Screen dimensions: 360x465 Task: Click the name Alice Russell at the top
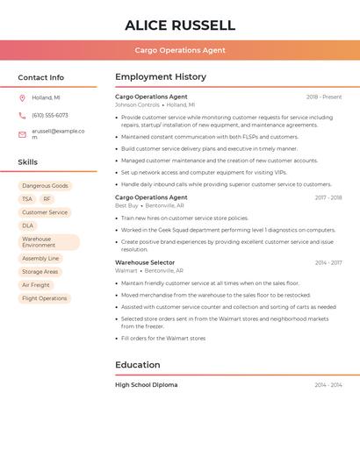(180, 25)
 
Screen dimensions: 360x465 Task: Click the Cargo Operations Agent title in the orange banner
(180, 50)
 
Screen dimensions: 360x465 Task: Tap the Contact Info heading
(41, 77)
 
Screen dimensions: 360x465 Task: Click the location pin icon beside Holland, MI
(22, 97)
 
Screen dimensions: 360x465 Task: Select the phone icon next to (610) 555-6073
(22, 115)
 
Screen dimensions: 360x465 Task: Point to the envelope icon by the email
(22, 133)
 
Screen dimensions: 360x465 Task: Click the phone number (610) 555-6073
(50, 115)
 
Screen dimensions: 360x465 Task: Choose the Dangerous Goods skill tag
(45, 186)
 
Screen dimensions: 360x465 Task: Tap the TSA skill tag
(27, 199)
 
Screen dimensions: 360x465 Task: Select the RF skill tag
(47, 199)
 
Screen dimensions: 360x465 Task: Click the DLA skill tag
(28, 225)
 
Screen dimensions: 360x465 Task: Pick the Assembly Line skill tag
(40, 259)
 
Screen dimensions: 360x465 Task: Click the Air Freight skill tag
(36, 285)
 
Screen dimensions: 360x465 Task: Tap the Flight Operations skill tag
(45, 298)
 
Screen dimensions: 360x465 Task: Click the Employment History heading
(161, 77)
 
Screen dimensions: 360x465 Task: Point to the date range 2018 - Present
(324, 97)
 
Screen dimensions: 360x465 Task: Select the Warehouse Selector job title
(145, 262)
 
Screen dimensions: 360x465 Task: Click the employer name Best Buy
(126, 205)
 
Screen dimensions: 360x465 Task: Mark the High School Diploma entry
(146, 385)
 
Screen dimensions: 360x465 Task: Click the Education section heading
(138, 365)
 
